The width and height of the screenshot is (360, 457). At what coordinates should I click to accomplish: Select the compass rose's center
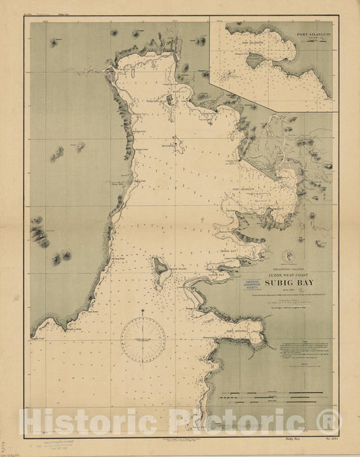point(143,340)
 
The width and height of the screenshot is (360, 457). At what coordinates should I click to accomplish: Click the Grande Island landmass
point(161,267)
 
